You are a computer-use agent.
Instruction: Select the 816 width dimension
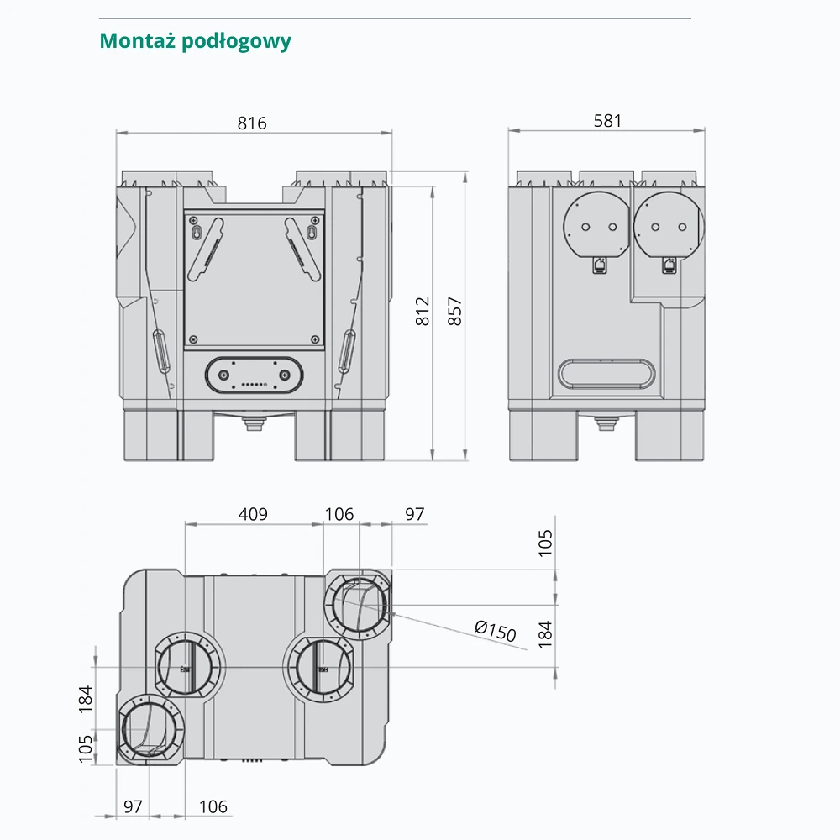point(251,123)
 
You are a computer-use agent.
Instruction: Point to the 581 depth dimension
point(607,121)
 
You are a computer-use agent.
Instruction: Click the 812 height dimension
point(423,312)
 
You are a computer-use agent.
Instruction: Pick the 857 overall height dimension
point(454,312)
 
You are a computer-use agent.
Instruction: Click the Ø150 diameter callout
point(495,630)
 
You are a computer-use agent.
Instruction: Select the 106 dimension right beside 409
point(339,514)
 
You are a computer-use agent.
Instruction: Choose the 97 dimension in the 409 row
point(415,514)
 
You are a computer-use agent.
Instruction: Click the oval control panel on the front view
point(253,373)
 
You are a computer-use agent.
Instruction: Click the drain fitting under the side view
point(606,423)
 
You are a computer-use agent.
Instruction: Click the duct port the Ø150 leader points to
point(358,606)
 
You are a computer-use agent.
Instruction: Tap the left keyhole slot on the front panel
point(195,230)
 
